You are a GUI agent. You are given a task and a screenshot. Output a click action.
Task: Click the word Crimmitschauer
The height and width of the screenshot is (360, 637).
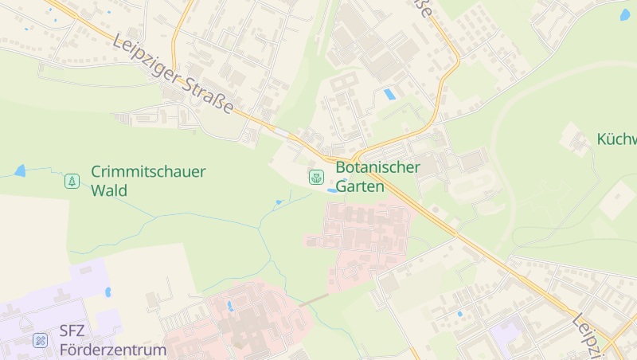coord(148,171)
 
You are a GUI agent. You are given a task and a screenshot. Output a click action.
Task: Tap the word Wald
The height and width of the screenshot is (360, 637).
coord(109,190)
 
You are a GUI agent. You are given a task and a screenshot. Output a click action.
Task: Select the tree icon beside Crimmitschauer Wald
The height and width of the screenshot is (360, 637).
coord(72,181)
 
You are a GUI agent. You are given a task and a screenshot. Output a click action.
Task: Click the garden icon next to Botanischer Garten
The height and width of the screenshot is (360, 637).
coord(316,177)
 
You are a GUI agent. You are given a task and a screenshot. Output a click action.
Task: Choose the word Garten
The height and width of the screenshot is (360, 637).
coord(360,186)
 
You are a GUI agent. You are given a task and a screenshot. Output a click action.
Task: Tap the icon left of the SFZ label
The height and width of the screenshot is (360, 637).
coord(40,340)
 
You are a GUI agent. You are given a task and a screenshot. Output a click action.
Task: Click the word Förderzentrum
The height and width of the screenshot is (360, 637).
coord(112,350)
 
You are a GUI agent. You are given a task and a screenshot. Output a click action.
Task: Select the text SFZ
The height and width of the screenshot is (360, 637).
coord(72,332)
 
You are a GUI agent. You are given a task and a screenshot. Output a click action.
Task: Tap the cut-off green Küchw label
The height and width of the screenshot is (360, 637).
coord(617,139)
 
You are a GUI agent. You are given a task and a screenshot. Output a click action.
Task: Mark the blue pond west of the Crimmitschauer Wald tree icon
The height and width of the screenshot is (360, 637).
coord(20,170)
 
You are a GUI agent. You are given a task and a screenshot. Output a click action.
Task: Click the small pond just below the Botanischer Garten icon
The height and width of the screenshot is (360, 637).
coord(330,190)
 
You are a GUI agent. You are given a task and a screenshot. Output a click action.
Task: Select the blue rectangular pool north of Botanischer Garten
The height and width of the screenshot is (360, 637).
coord(389,95)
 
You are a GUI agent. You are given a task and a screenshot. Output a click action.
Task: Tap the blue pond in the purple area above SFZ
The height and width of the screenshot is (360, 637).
coord(107,292)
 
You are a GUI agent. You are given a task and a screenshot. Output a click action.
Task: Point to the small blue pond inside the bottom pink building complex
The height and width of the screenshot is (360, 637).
coord(230,305)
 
